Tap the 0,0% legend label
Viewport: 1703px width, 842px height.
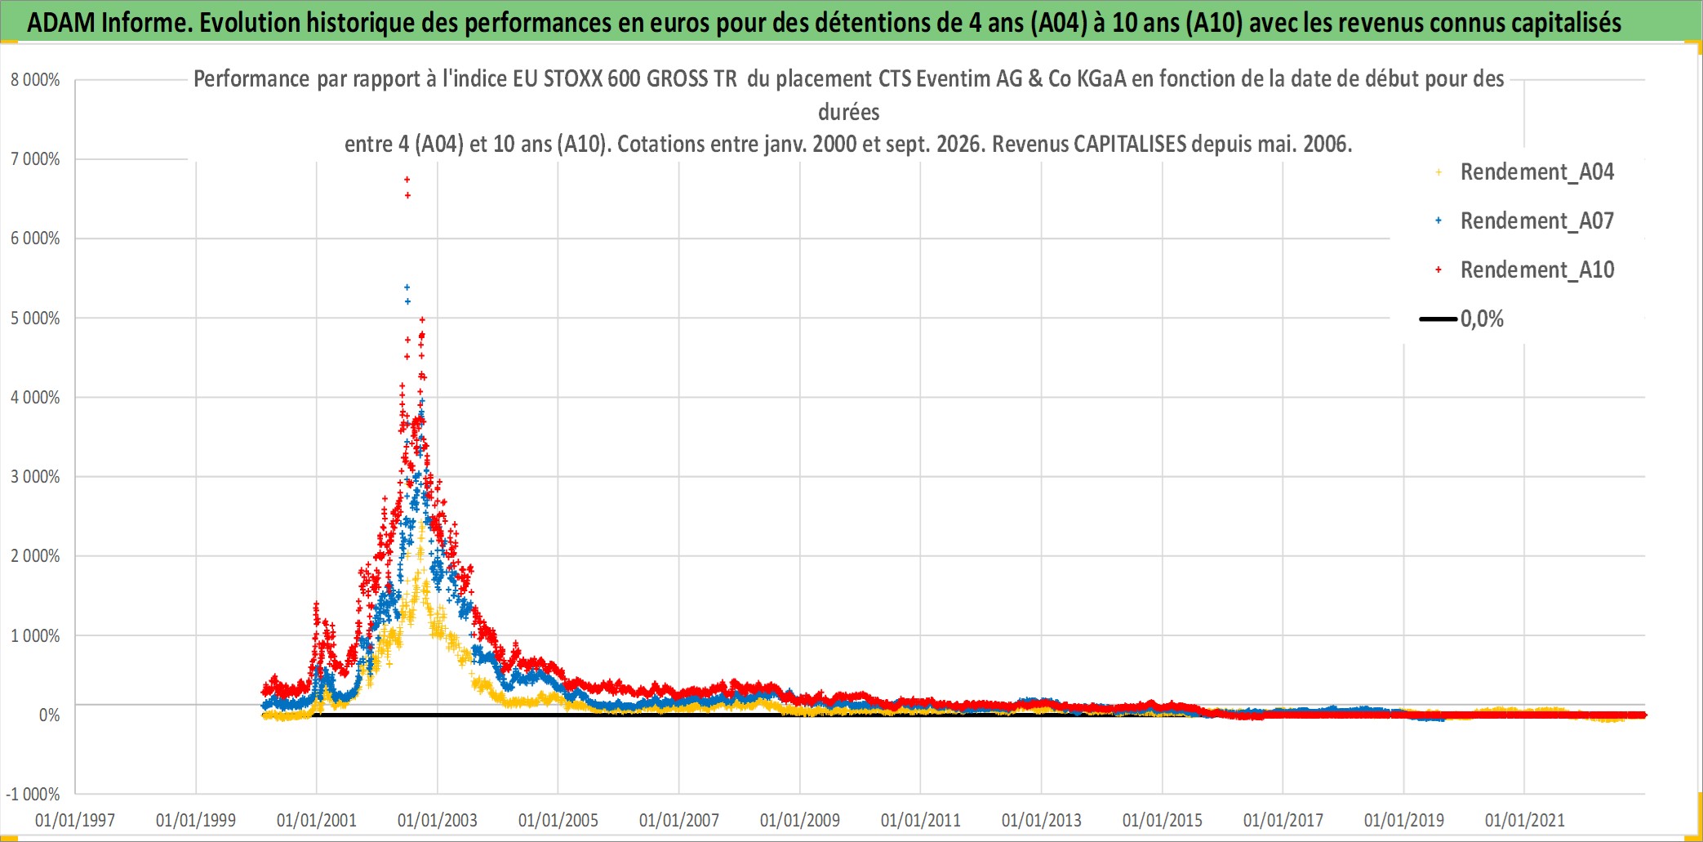pyautogui.click(x=1482, y=319)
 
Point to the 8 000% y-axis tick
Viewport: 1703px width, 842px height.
pyautogui.click(x=35, y=80)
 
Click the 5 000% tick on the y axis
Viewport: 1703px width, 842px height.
pyautogui.click(x=35, y=318)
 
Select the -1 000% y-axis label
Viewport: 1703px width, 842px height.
pyautogui.click(x=33, y=794)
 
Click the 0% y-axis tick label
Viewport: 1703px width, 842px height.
pyautogui.click(x=49, y=715)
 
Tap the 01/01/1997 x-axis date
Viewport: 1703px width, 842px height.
pyautogui.click(x=75, y=820)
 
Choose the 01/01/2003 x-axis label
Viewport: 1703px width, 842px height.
pyautogui.click(x=438, y=820)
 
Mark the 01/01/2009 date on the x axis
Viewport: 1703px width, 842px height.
pyautogui.click(x=800, y=820)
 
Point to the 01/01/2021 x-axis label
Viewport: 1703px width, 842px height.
pyautogui.click(x=1525, y=820)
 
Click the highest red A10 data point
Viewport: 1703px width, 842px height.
pyautogui.click(x=407, y=180)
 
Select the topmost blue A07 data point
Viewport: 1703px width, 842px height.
pyautogui.click(x=407, y=287)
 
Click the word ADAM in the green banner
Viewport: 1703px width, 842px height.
pyautogui.click(x=61, y=22)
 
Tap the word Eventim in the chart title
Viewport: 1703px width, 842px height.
pyautogui.click(x=951, y=79)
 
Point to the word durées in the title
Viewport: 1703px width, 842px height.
pyautogui.click(x=849, y=112)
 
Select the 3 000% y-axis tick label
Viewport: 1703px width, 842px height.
pyautogui.click(x=35, y=477)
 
